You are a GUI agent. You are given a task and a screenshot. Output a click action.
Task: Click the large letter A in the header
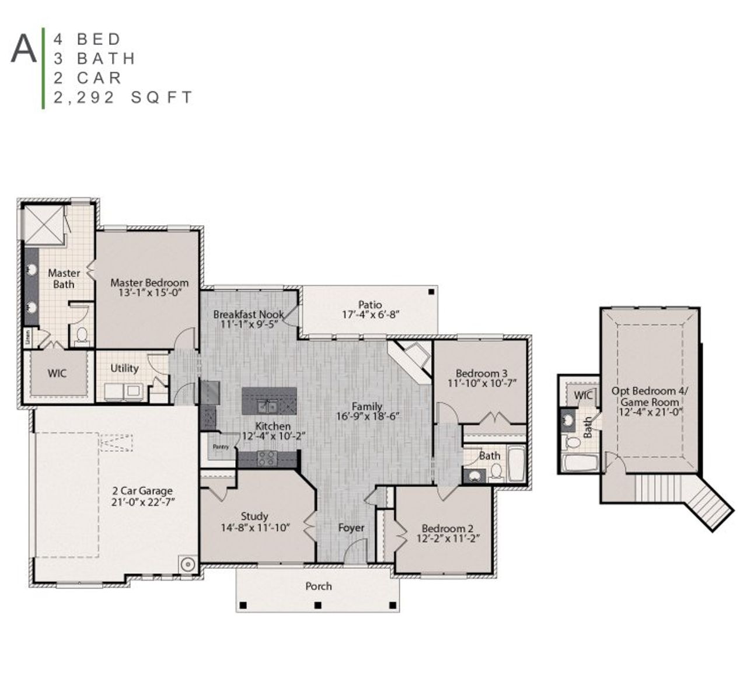point(24,49)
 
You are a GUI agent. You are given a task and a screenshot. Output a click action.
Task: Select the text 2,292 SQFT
point(123,97)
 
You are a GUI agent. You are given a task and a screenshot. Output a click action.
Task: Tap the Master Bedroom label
point(149,283)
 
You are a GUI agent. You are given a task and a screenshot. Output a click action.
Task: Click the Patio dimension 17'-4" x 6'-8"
point(370,315)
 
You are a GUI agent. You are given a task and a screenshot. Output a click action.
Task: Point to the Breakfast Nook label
point(248,315)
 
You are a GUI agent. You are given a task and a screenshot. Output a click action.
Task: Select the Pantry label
point(221,447)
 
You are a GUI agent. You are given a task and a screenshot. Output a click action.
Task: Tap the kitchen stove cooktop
point(267,458)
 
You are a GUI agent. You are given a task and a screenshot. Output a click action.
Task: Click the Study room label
point(254,516)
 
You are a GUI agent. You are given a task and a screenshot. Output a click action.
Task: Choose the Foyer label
point(351,528)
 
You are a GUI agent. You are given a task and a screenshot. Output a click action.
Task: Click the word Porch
point(319,586)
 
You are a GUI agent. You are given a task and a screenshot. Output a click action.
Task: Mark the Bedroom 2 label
point(448,529)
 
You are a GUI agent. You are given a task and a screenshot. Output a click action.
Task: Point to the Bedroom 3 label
point(481,373)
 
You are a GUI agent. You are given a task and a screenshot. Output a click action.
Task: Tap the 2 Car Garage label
point(143,491)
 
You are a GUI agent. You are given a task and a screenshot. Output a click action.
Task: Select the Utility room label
point(124,368)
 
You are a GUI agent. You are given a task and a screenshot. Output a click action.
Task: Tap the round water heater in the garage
point(187,564)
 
